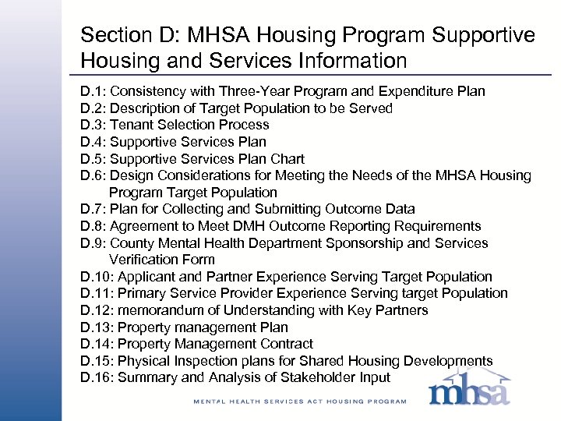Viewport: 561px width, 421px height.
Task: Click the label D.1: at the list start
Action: click(93, 92)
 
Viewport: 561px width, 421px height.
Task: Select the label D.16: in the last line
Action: click(97, 378)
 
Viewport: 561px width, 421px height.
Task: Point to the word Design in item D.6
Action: click(132, 175)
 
